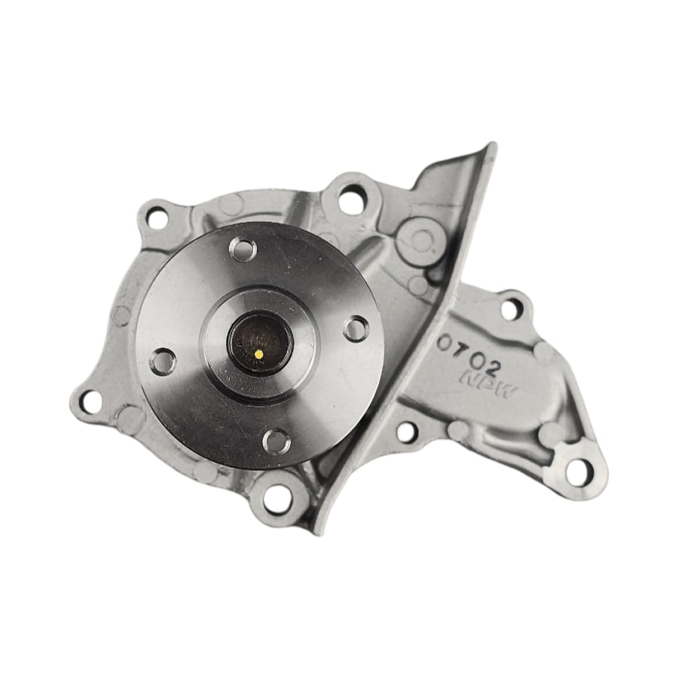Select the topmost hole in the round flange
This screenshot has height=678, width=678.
click(x=244, y=249)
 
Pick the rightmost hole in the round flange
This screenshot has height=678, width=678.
click(x=356, y=328)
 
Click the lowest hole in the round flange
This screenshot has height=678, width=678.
click(x=277, y=439)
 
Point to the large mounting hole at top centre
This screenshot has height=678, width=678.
click(x=350, y=200)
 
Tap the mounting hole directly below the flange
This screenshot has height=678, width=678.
click(x=278, y=496)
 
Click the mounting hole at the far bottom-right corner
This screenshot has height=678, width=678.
click(x=578, y=473)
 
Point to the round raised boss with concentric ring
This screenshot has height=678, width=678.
click(x=419, y=240)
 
